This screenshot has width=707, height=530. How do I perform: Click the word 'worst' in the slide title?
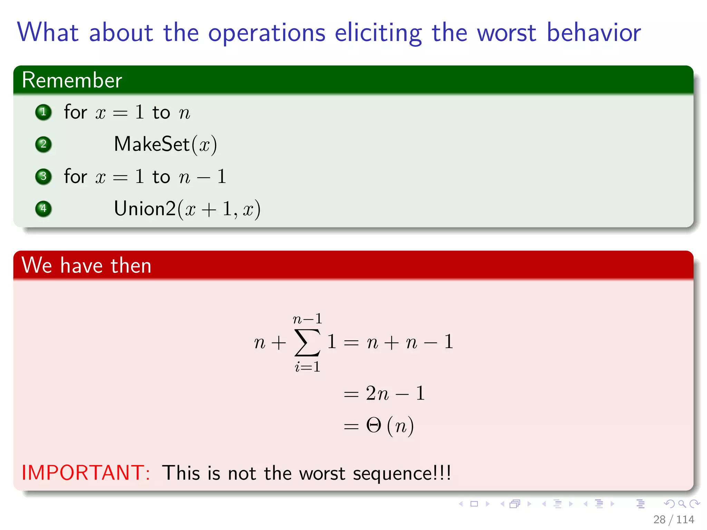506,33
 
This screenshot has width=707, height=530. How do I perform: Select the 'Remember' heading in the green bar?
72,80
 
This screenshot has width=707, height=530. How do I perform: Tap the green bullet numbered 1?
43,112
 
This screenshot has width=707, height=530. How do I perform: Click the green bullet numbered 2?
43,144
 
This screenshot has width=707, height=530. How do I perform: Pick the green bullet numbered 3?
43,177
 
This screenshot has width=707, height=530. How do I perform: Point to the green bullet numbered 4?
43,209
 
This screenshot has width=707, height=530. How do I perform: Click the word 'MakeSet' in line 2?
152,144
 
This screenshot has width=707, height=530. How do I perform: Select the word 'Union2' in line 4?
145,209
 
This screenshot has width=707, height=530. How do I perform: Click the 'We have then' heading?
86,265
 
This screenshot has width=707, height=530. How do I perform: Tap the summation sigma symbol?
307,342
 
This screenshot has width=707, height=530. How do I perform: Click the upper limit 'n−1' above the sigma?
307,319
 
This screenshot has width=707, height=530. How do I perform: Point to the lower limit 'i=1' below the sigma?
307,366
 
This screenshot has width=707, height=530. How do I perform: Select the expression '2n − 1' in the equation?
395,393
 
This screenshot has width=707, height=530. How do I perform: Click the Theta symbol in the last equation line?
374,425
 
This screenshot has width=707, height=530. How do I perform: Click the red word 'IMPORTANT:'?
86,473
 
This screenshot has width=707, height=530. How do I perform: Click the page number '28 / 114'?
673,519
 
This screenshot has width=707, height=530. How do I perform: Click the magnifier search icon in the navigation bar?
682,504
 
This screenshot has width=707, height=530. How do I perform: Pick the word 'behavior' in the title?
594,33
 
